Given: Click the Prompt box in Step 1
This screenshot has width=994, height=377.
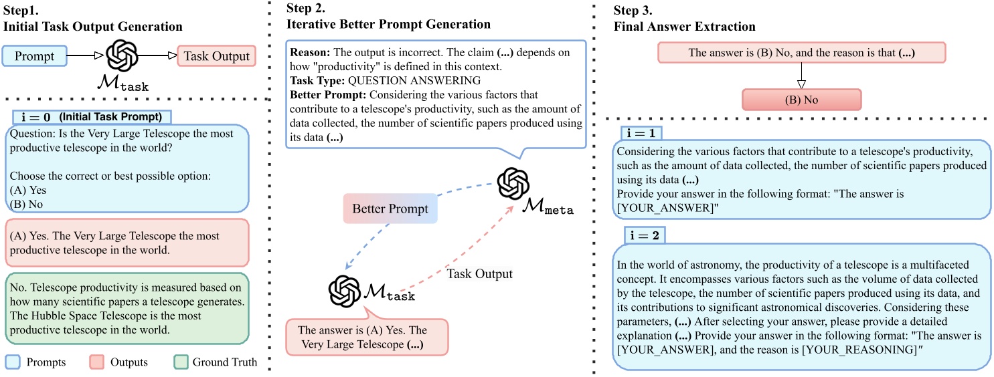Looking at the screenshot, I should (x=34, y=56).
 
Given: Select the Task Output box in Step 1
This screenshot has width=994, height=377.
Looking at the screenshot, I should (x=216, y=56).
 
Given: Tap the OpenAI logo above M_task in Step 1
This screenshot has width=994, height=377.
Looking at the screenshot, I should (x=122, y=56).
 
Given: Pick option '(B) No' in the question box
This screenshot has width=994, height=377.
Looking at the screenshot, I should (x=25, y=204).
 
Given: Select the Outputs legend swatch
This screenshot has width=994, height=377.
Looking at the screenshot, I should (x=96, y=362).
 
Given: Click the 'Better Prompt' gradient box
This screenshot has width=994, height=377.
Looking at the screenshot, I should (x=390, y=209).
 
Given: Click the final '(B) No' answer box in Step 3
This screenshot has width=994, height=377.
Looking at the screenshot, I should (x=801, y=99).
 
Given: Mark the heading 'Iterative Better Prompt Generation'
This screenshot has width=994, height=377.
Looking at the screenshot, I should (x=388, y=25).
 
